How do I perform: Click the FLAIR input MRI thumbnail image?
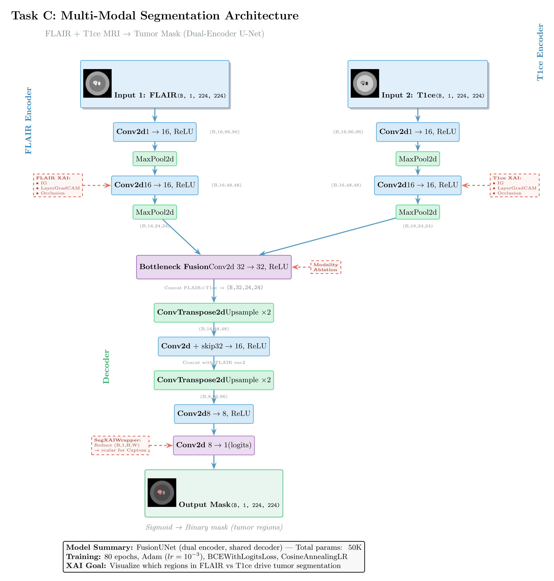[97, 83]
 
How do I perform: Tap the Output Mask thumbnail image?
[162, 492]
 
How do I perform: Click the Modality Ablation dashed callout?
[326, 267]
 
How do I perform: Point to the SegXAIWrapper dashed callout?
[120, 445]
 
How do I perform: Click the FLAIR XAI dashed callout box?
[58, 185]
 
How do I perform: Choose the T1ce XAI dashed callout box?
[514, 185]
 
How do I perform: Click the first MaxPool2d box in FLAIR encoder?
[155, 159]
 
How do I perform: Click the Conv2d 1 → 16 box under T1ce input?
[417, 132]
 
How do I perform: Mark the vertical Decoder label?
[106, 367]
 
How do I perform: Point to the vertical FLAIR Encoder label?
[28, 121]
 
